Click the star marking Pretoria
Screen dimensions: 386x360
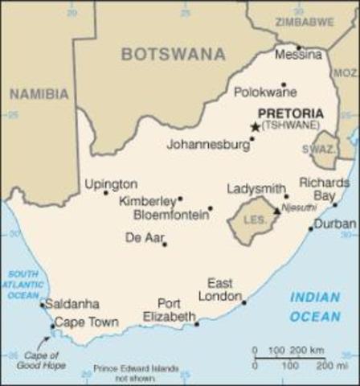(x=256, y=127)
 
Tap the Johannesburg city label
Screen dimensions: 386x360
(x=207, y=146)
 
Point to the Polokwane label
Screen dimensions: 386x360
(x=265, y=92)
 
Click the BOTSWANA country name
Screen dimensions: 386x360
(x=173, y=54)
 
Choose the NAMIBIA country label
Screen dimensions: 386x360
(x=39, y=94)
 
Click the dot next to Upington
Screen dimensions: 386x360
(x=105, y=193)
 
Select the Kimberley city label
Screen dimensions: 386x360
(x=146, y=200)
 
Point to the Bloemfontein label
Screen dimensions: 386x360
(x=163, y=215)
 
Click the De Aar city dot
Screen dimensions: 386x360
(x=165, y=244)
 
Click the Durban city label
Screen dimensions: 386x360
(x=335, y=224)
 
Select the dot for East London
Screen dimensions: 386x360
(x=244, y=302)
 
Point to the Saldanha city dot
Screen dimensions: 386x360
(x=42, y=305)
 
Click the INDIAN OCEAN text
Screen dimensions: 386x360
(x=315, y=306)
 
